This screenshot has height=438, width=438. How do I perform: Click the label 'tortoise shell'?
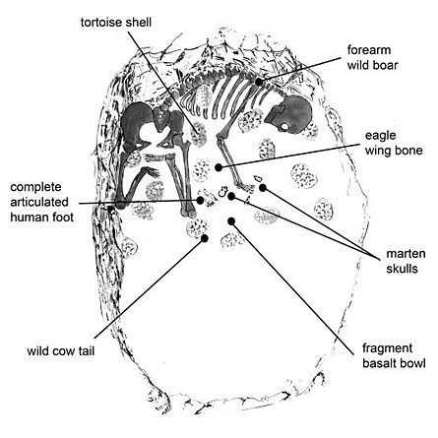pos(116,23)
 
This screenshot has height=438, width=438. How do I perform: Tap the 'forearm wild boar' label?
pos(372,57)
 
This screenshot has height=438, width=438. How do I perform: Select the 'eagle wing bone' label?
pos(394,143)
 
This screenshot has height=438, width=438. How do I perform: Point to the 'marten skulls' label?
pos(406,261)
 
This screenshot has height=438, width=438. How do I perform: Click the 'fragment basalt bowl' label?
pos(394,355)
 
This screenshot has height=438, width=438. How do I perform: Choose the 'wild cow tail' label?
pos(61,351)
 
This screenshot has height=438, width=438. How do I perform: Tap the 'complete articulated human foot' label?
pos(42,202)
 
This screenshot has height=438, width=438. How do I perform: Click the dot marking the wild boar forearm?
pos(259,82)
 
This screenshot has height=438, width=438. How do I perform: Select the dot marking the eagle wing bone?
pos(219,167)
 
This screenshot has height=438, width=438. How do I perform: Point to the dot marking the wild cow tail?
pos(205,238)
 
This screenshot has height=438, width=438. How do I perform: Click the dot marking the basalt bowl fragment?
pos(231,221)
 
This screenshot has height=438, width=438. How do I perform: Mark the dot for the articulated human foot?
pos(200,200)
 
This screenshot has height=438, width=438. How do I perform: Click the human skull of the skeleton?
pos(289,115)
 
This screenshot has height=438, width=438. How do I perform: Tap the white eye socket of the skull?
pos(284,126)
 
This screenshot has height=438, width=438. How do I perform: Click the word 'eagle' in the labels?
pos(381,136)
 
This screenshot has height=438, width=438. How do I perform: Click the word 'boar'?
pos(386,65)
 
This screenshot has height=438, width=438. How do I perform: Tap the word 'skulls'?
pos(402,269)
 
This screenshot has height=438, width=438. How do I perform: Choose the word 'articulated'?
pos(39,202)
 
